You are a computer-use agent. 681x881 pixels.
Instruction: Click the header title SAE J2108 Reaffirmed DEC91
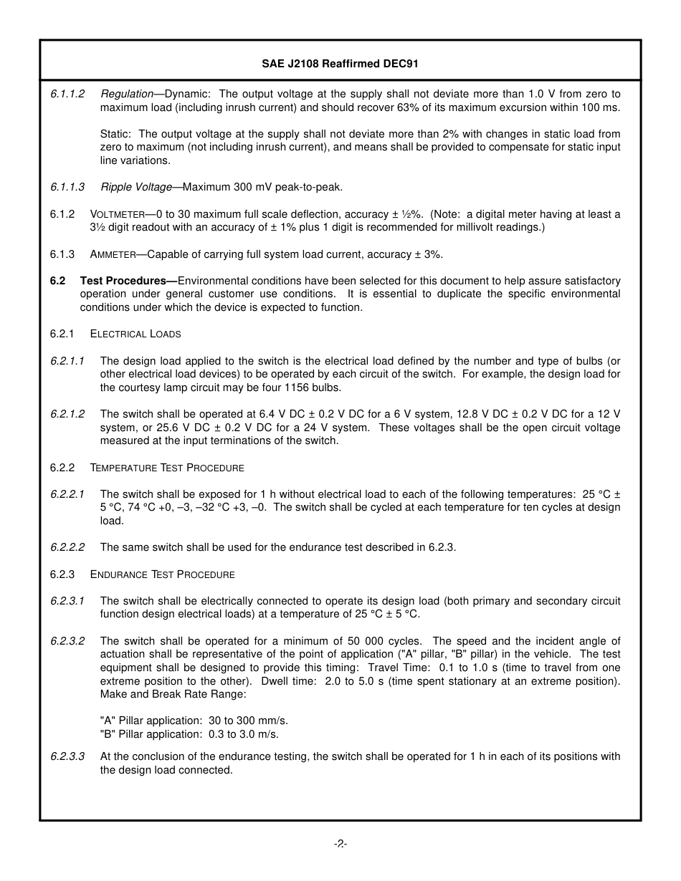pos(340,64)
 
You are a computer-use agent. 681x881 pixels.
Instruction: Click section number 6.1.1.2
pos(67,94)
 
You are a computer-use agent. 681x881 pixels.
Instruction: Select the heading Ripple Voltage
pos(136,187)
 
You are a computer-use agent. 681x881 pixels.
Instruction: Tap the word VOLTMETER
pos(118,214)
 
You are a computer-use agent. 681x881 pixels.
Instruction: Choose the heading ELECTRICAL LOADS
pos(135,334)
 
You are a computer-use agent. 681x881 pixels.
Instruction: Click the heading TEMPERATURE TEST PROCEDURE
pos(167,468)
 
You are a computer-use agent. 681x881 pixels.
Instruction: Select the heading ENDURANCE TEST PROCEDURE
pos(162,574)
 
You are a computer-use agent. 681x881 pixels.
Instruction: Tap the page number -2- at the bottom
pos(340,844)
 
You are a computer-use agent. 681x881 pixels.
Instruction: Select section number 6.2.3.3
pos(67,756)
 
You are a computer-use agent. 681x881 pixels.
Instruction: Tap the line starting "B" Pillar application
pos(189,733)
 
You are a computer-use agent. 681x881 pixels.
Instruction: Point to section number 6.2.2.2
pos(67,547)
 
